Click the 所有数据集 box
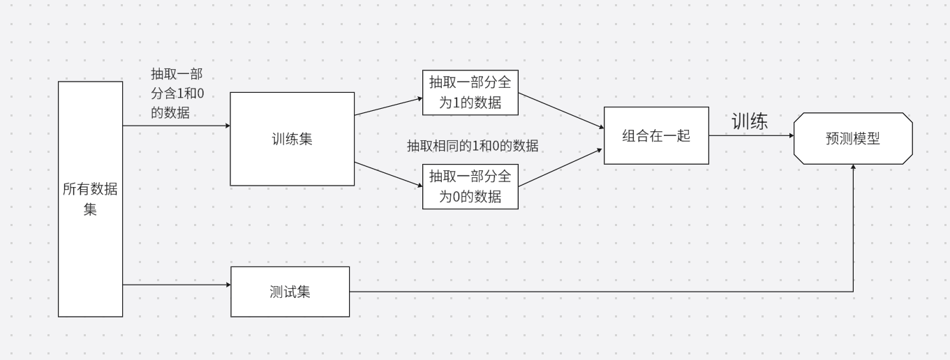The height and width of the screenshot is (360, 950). [x=90, y=199]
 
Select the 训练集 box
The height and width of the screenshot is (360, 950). [x=292, y=139]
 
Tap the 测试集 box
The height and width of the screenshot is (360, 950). [x=290, y=292]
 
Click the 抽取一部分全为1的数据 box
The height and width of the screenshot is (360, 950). [x=471, y=92]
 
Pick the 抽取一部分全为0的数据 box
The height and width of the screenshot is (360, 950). [x=471, y=186]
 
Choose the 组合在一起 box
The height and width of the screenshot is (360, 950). [x=656, y=135]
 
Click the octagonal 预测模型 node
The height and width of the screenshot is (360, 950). [x=853, y=138]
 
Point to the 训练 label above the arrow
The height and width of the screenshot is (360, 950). [x=750, y=121]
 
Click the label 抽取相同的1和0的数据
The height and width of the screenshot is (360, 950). [x=473, y=147]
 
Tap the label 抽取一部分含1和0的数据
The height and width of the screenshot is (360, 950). [x=177, y=93]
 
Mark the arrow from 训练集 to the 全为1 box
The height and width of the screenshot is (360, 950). [x=388, y=105]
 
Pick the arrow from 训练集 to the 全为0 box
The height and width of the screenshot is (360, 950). [x=388, y=174]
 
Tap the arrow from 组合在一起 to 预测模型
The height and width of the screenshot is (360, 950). [x=751, y=135]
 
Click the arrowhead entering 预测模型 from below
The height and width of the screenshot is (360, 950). [x=853, y=168]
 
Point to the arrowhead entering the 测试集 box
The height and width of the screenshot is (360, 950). [x=227, y=285]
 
